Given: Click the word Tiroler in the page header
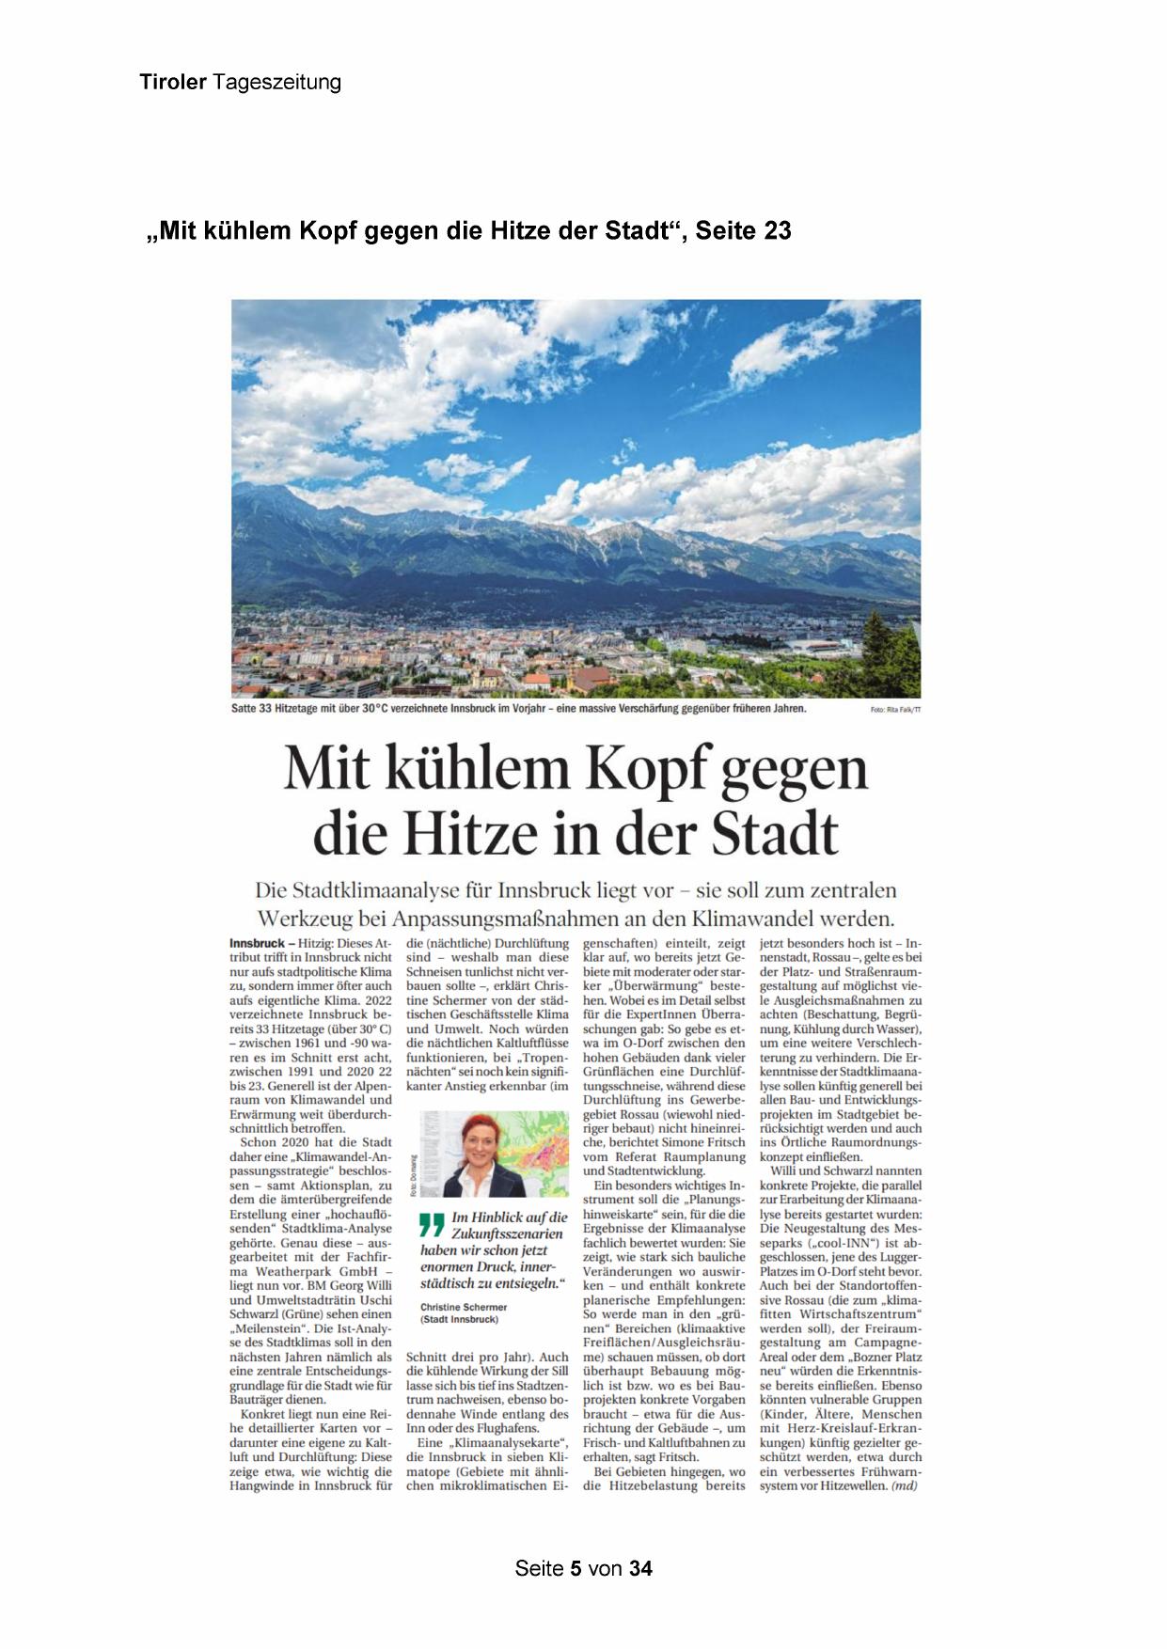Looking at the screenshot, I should pos(172,83).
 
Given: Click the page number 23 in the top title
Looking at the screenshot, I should pos(778,230).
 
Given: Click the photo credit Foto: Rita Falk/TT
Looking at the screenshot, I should pos(896,710).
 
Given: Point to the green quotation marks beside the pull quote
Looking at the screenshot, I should pos(432,1225).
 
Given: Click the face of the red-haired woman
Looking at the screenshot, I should pos(478,1143).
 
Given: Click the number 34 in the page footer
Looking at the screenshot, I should pos(640,1569).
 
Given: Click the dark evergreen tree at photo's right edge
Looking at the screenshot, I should pos(905,649).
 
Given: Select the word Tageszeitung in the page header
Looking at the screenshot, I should pos(277,83).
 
